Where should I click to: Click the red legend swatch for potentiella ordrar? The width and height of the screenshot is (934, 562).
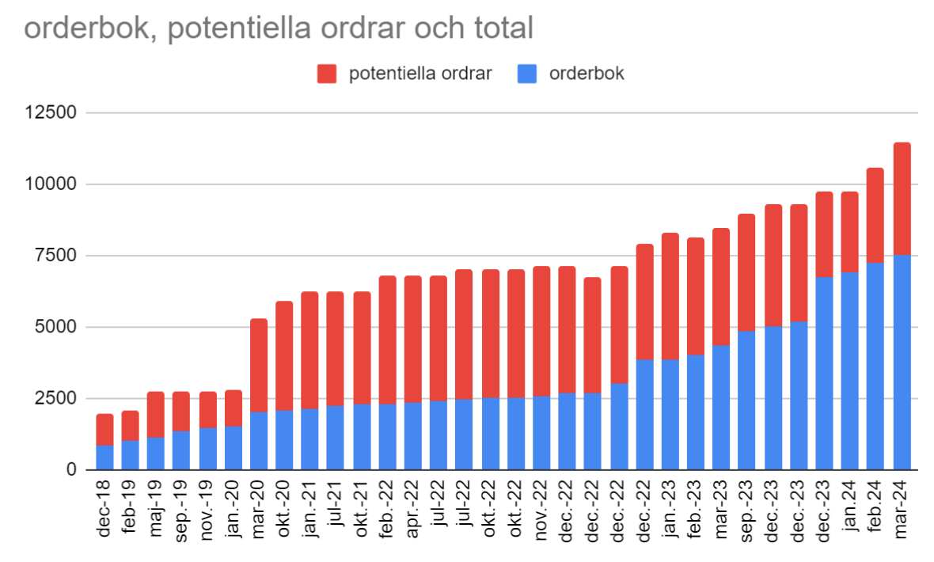coord(326,74)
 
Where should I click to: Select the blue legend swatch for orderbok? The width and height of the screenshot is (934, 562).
coord(527,74)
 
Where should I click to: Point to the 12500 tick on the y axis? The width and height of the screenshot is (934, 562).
coord(51,112)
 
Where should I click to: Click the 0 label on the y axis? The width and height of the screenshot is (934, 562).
coord(71,469)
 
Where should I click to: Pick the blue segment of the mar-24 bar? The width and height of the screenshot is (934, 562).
coord(902,363)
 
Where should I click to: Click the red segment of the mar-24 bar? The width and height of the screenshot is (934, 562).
coord(902,199)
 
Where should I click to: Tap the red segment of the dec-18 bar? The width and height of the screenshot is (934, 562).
coord(104,430)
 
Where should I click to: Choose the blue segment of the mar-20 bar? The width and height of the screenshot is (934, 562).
coord(259,441)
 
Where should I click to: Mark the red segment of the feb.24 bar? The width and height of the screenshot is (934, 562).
coord(875,216)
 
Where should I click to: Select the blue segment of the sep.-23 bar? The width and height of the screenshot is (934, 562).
coord(746,401)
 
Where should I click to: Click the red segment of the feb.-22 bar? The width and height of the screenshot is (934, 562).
coord(387,340)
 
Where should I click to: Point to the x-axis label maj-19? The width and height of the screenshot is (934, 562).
coord(156,509)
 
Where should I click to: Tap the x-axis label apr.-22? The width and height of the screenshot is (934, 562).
coord(413,510)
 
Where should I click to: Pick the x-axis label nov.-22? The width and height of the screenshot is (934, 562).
coord(541,511)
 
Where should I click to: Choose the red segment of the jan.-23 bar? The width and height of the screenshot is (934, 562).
coord(670,297)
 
